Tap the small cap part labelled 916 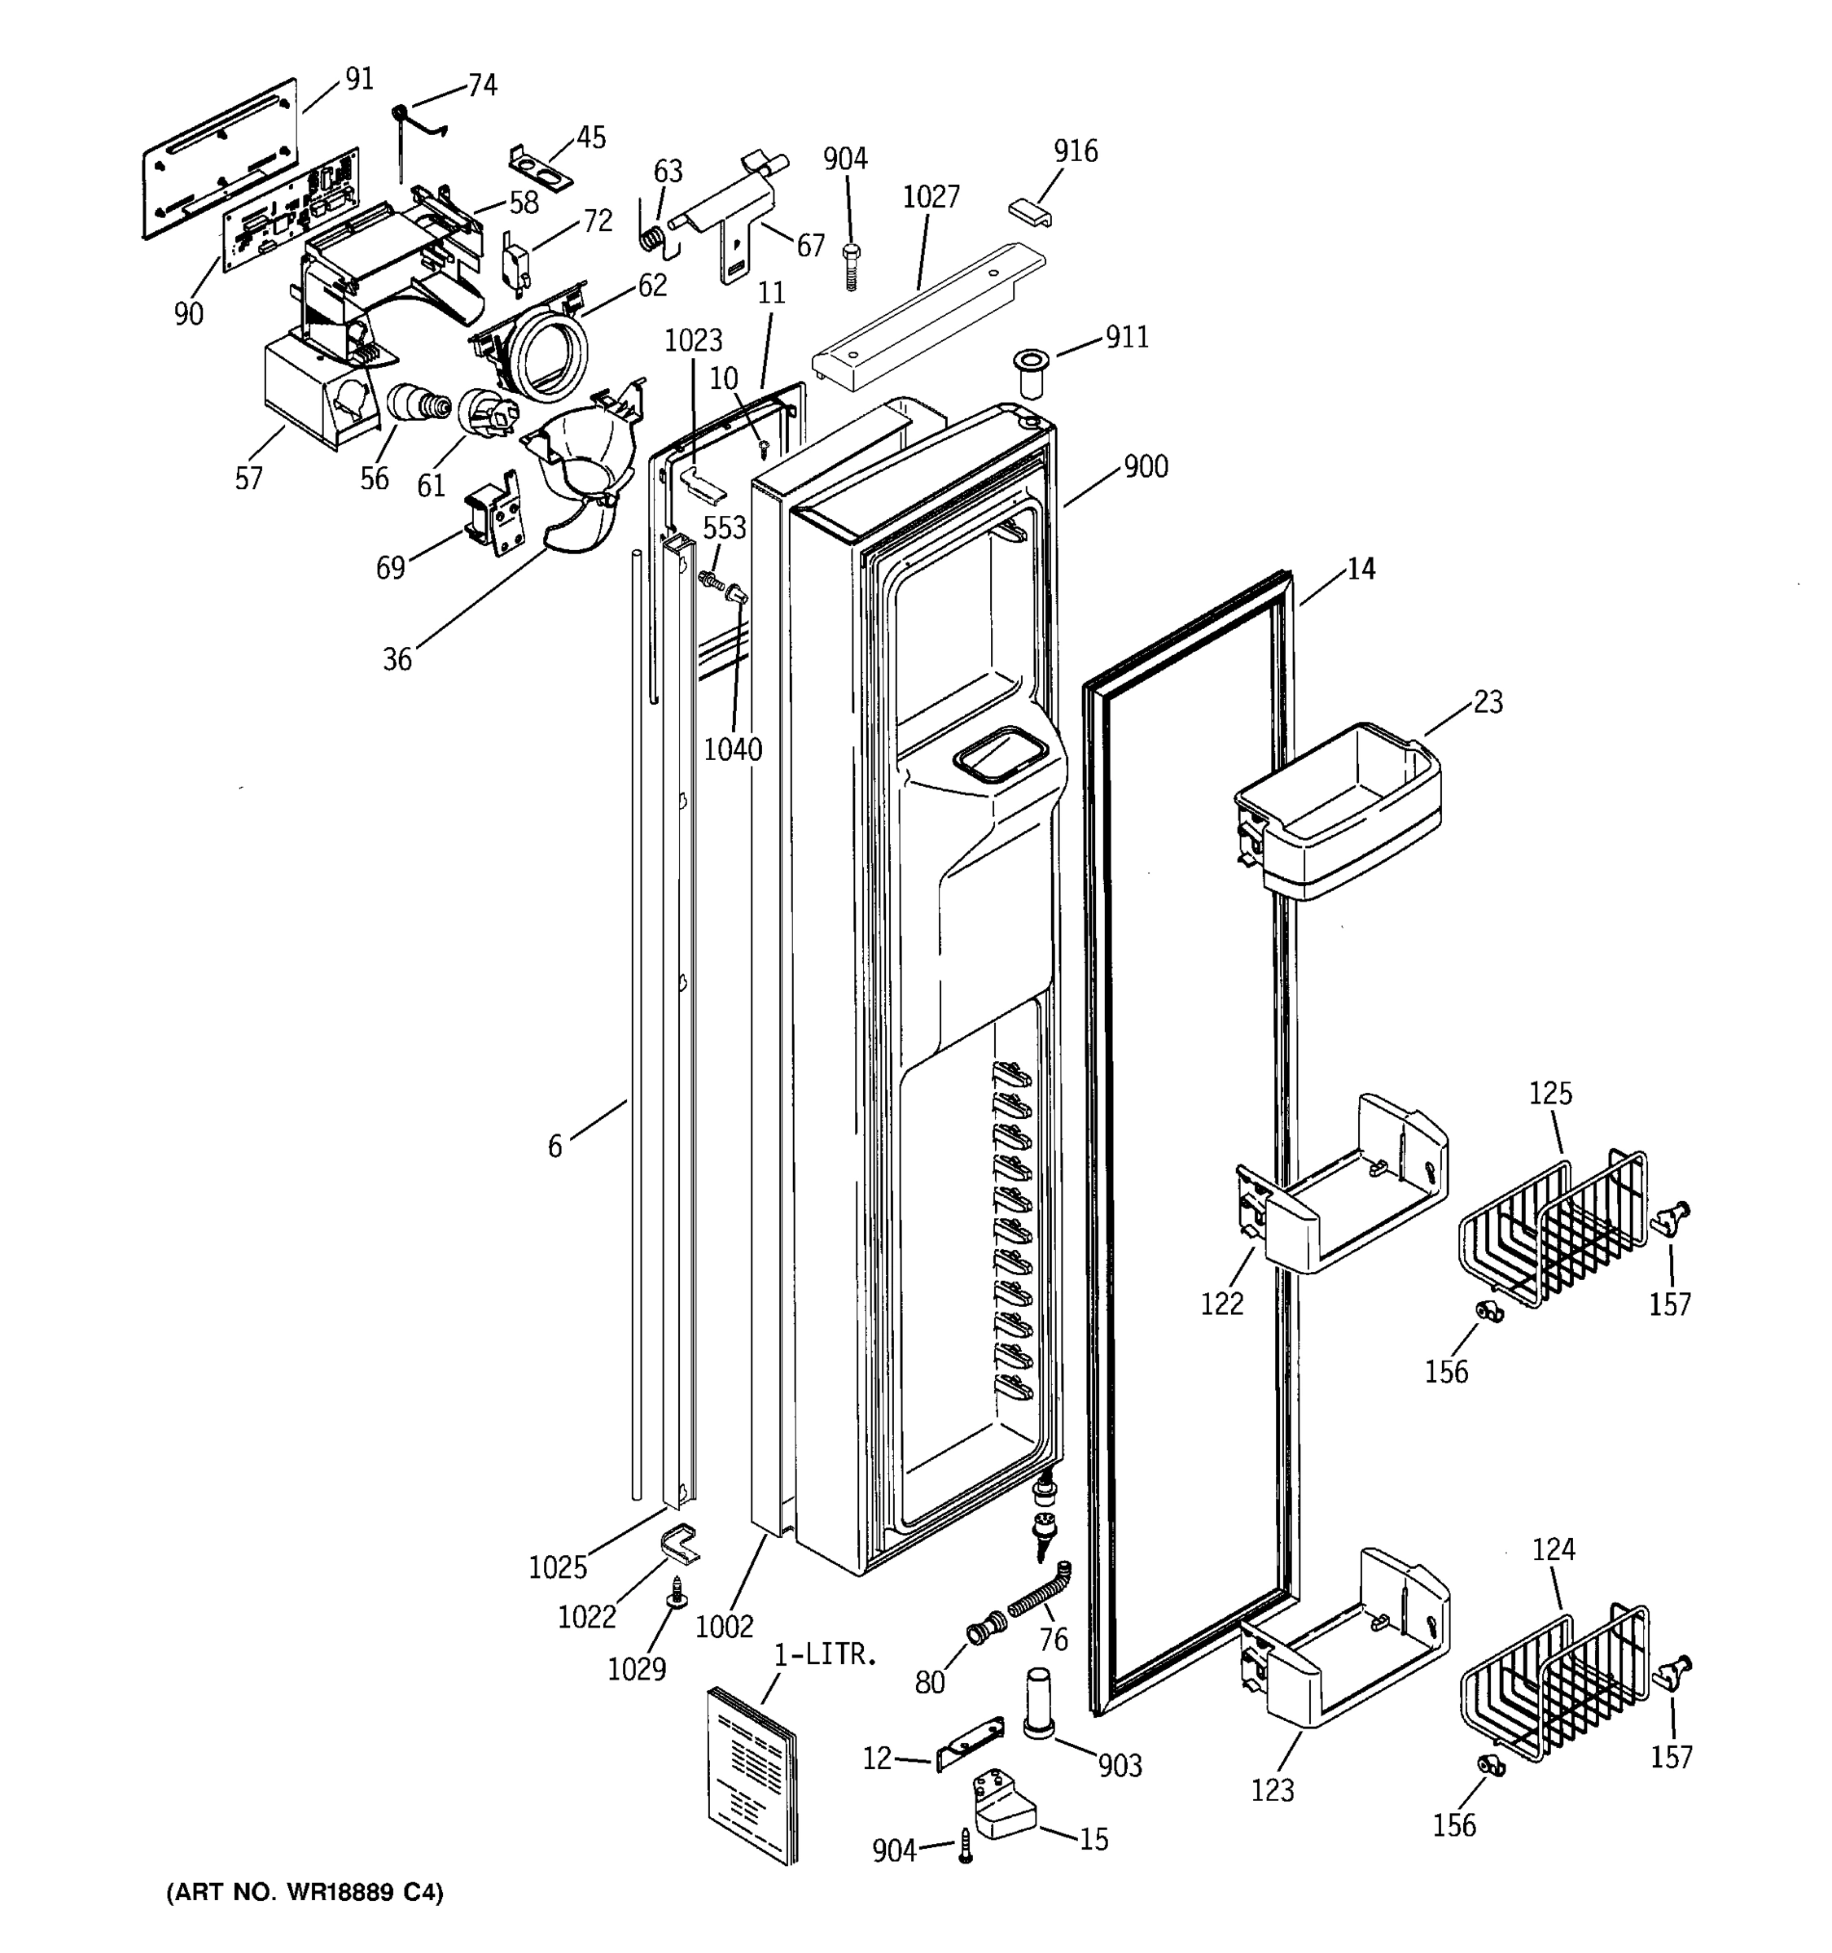click(1029, 212)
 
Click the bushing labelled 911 click(1030, 373)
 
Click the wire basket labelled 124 click(1553, 1688)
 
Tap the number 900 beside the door click(1146, 466)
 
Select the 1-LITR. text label click(825, 1654)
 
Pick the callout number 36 click(397, 659)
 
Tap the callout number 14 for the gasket click(1361, 568)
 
